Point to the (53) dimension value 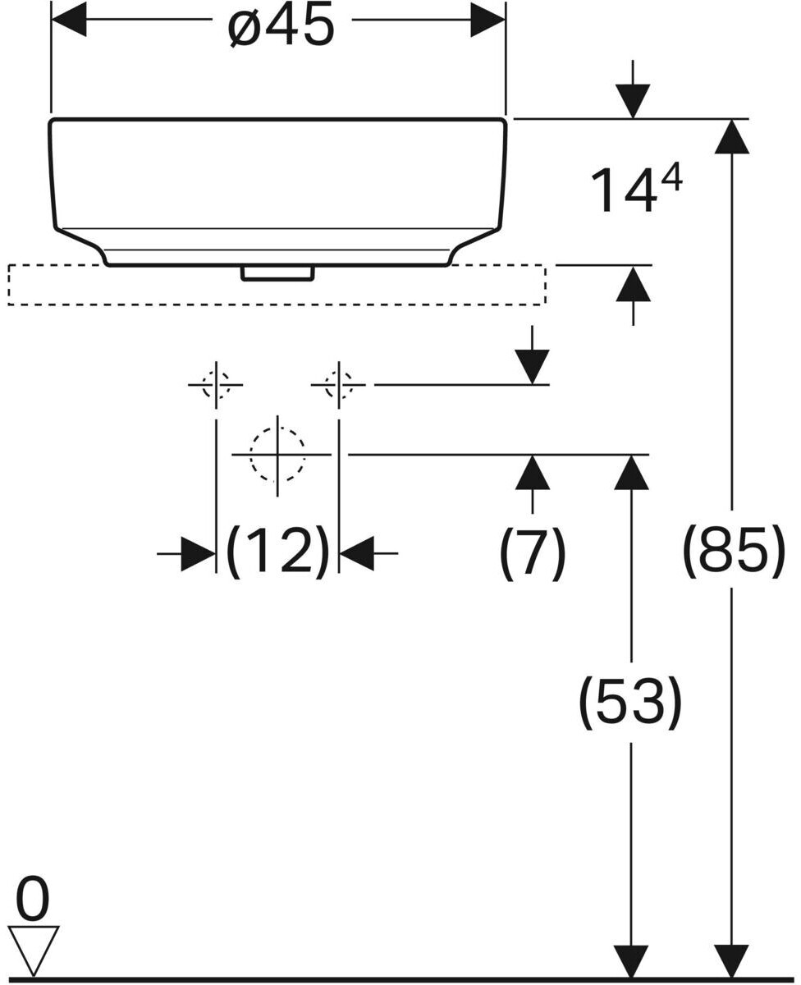pos(630,702)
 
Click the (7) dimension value pos(533,552)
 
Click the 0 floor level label pos(33,900)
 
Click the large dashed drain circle pos(277,454)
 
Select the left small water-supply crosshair pos(216,384)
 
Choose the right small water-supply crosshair pos(338,384)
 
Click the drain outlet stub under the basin pos(277,273)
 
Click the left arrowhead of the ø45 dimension pos(69,20)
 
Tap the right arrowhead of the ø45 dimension pos(487,20)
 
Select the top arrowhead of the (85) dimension pos(732,136)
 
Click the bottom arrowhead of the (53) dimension pos(631,962)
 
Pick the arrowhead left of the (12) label pos(198,554)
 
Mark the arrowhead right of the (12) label pos(357,554)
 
